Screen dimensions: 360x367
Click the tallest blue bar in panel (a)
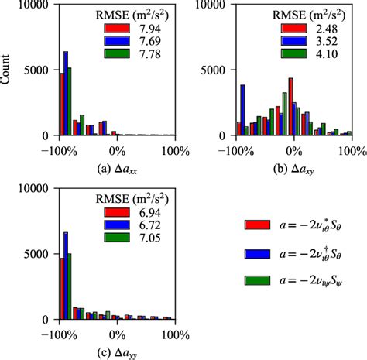(x=66, y=93)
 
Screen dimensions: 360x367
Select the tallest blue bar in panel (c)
(x=66, y=276)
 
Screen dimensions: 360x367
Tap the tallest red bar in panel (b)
(x=290, y=106)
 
